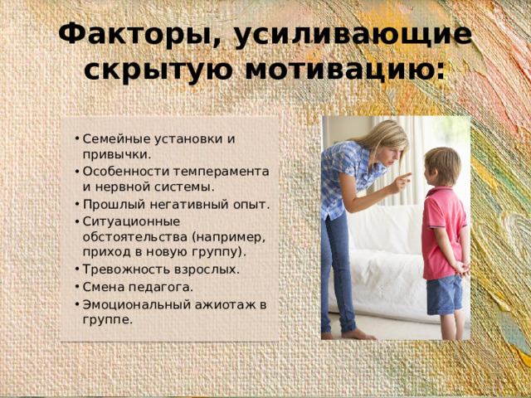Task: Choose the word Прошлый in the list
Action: (108, 204)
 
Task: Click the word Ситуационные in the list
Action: (120, 221)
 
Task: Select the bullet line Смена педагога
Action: (137, 287)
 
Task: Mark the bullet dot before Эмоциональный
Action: (76, 304)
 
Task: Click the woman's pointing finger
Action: (406, 177)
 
